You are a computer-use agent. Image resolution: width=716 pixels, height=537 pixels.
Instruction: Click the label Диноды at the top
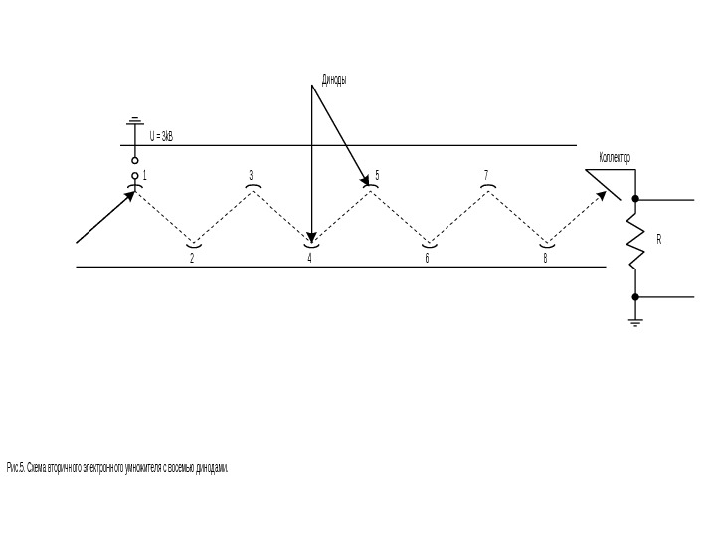click(333, 79)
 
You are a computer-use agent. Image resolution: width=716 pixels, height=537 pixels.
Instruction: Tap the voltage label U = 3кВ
click(161, 136)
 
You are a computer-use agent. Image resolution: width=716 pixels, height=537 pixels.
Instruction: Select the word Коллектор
click(615, 158)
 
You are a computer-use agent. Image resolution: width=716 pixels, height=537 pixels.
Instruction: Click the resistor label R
click(658, 240)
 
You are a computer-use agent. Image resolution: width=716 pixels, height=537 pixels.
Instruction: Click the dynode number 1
click(144, 175)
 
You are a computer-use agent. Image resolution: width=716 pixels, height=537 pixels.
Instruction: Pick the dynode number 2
click(192, 258)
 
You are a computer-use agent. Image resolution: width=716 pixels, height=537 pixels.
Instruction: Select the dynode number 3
click(252, 175)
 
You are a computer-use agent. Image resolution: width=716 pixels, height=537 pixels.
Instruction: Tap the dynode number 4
click(309, 258)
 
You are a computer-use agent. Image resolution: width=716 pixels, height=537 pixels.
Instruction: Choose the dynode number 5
click(378, 175)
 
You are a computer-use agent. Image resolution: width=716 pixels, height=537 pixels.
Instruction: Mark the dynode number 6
click(427, 258)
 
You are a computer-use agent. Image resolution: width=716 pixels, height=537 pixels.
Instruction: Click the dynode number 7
click(486, 175)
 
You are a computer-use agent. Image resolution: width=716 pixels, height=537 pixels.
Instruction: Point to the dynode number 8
click(545, 258)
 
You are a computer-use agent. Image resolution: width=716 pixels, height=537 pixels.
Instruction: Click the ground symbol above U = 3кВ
click(135, 122)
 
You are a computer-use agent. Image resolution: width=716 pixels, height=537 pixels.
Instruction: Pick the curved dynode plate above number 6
click(429, 243)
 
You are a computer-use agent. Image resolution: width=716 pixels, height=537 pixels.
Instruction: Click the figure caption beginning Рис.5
click(117, 467)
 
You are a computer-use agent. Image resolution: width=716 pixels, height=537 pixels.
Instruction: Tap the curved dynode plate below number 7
click(487, 186)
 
